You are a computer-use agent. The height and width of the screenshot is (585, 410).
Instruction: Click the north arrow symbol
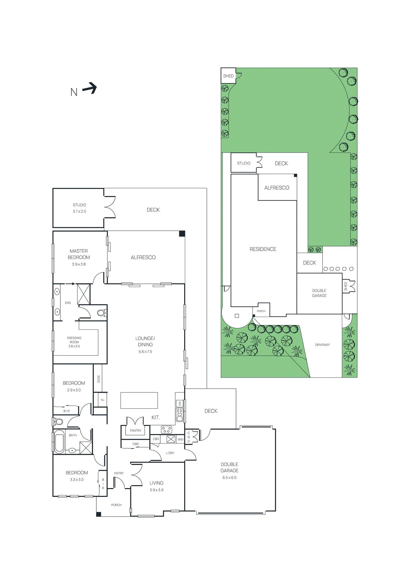pyautogui.click(x=90, y=88)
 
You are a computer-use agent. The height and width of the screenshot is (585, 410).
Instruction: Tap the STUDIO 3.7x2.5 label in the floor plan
pyautogui.click(x=79, y=208)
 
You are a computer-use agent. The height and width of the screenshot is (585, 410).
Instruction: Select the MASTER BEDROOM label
pyautogui.click(x=79, y=254)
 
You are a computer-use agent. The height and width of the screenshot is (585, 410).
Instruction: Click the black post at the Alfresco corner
pyautogui.click(x=182, y=234)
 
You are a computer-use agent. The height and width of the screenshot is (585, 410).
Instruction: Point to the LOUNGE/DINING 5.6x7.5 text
pyautogui.click(x=145, y=344)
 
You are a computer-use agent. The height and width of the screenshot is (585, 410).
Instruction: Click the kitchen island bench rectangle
pyautogui.click(x=139, y=400)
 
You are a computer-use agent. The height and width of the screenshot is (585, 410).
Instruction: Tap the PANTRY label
pyautogui.click(x=135, y=431)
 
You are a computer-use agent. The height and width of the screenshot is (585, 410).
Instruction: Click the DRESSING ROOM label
pyautogui.click(x=74, y=342)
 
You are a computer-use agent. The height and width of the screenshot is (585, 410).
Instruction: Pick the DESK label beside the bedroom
pyautogui.click(x=98, y=379)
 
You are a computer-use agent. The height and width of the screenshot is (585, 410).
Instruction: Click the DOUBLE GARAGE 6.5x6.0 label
pyautogui.click(x=230, y=470)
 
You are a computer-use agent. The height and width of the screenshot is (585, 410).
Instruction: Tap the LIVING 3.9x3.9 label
pyautogui.click(x=156, y=486)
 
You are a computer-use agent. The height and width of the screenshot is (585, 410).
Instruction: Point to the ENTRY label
pyautogui.click(x=119, y=473)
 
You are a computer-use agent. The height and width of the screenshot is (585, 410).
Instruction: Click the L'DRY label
pyautogui.click(x=170, y=453)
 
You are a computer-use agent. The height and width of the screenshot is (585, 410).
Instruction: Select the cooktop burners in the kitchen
pyautogui.click(x=167, y=430)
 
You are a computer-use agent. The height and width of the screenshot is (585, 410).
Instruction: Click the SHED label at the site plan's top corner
pyautogui.click(x=228, y=76)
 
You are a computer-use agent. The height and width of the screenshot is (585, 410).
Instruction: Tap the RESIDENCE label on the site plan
pyautogui.click(x=263, y=249)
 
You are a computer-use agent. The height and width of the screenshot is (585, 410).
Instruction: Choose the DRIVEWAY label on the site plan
pyautogui.click(x=322, y=345)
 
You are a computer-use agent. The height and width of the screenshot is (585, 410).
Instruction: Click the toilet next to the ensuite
pyautogui.click(x=101, y=313)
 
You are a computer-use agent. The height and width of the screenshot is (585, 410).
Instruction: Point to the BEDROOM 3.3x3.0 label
pyautogui.click(x=77, y=476)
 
